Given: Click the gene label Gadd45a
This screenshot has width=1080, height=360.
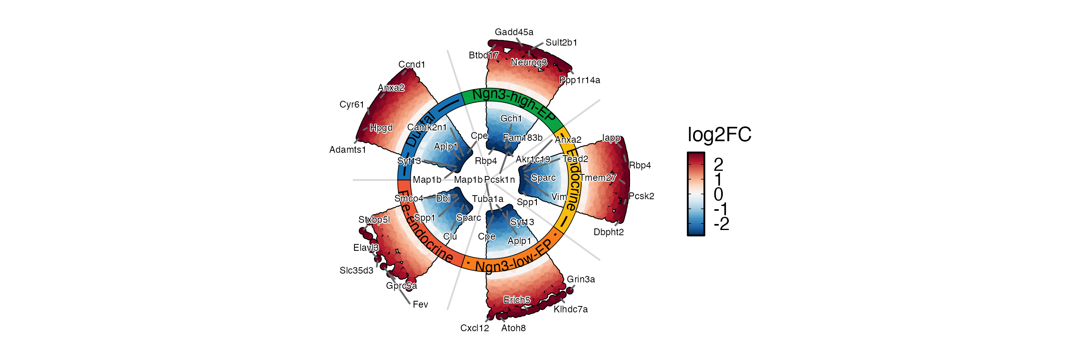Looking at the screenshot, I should [514, 32].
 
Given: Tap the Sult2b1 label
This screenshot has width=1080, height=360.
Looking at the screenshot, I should [561, 43].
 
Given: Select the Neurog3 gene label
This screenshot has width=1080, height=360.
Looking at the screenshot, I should [529, 62].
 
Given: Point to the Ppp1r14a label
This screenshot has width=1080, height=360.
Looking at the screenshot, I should [580, 80].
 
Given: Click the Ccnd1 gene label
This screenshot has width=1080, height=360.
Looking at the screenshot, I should [411, 64].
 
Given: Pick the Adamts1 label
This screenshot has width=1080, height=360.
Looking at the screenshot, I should [348, 150].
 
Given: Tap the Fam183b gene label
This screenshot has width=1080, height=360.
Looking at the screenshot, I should [522, 138].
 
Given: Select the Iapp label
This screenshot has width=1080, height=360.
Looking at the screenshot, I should [611, 138].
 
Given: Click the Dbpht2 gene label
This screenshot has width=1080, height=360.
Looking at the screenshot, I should [608, 232].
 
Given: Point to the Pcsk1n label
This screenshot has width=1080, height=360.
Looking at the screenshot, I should [499, 180].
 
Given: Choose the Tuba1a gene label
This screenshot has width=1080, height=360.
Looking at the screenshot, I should [487, 199].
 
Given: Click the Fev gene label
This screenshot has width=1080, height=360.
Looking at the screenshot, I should [420, 305].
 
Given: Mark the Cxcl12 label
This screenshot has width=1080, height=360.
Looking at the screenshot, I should [474, 328].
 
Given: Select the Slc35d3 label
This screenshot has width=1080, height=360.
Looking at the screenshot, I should [356, 271].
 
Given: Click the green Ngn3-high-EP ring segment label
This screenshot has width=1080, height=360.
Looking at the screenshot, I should [513, 103].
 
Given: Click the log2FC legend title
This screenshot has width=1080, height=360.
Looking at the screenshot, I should [719, 135].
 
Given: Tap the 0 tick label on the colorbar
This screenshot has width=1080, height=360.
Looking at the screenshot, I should [718, 194].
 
